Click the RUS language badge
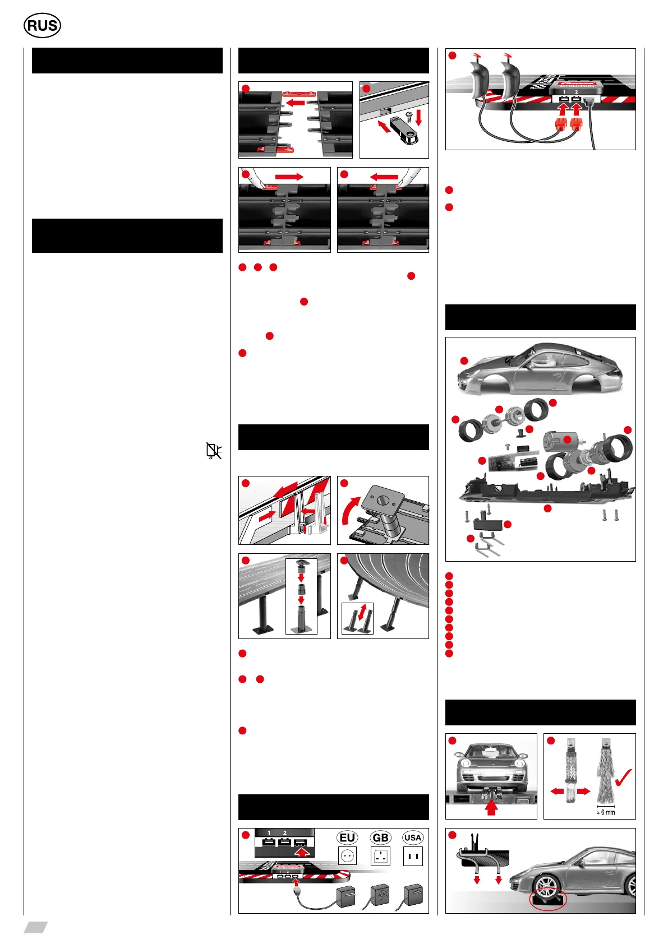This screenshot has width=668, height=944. tap(42, 26)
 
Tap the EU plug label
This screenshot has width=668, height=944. tap(347, 837)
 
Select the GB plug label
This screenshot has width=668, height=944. tap(380, 837)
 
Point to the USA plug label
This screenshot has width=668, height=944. tap(412, 837)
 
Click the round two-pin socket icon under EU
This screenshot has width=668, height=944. tap(348, 856)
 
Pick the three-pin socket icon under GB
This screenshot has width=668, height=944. tap(381, 857)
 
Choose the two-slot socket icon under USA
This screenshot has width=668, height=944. tap(413, 856)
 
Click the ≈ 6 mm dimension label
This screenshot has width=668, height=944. tap(606, 812)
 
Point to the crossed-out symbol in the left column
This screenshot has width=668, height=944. tap(213, 450)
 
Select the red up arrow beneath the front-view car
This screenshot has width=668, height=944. tap(491, 807)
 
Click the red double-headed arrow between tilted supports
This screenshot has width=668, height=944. tap(363, 611)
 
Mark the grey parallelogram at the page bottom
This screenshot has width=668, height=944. tap(35, 927)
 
